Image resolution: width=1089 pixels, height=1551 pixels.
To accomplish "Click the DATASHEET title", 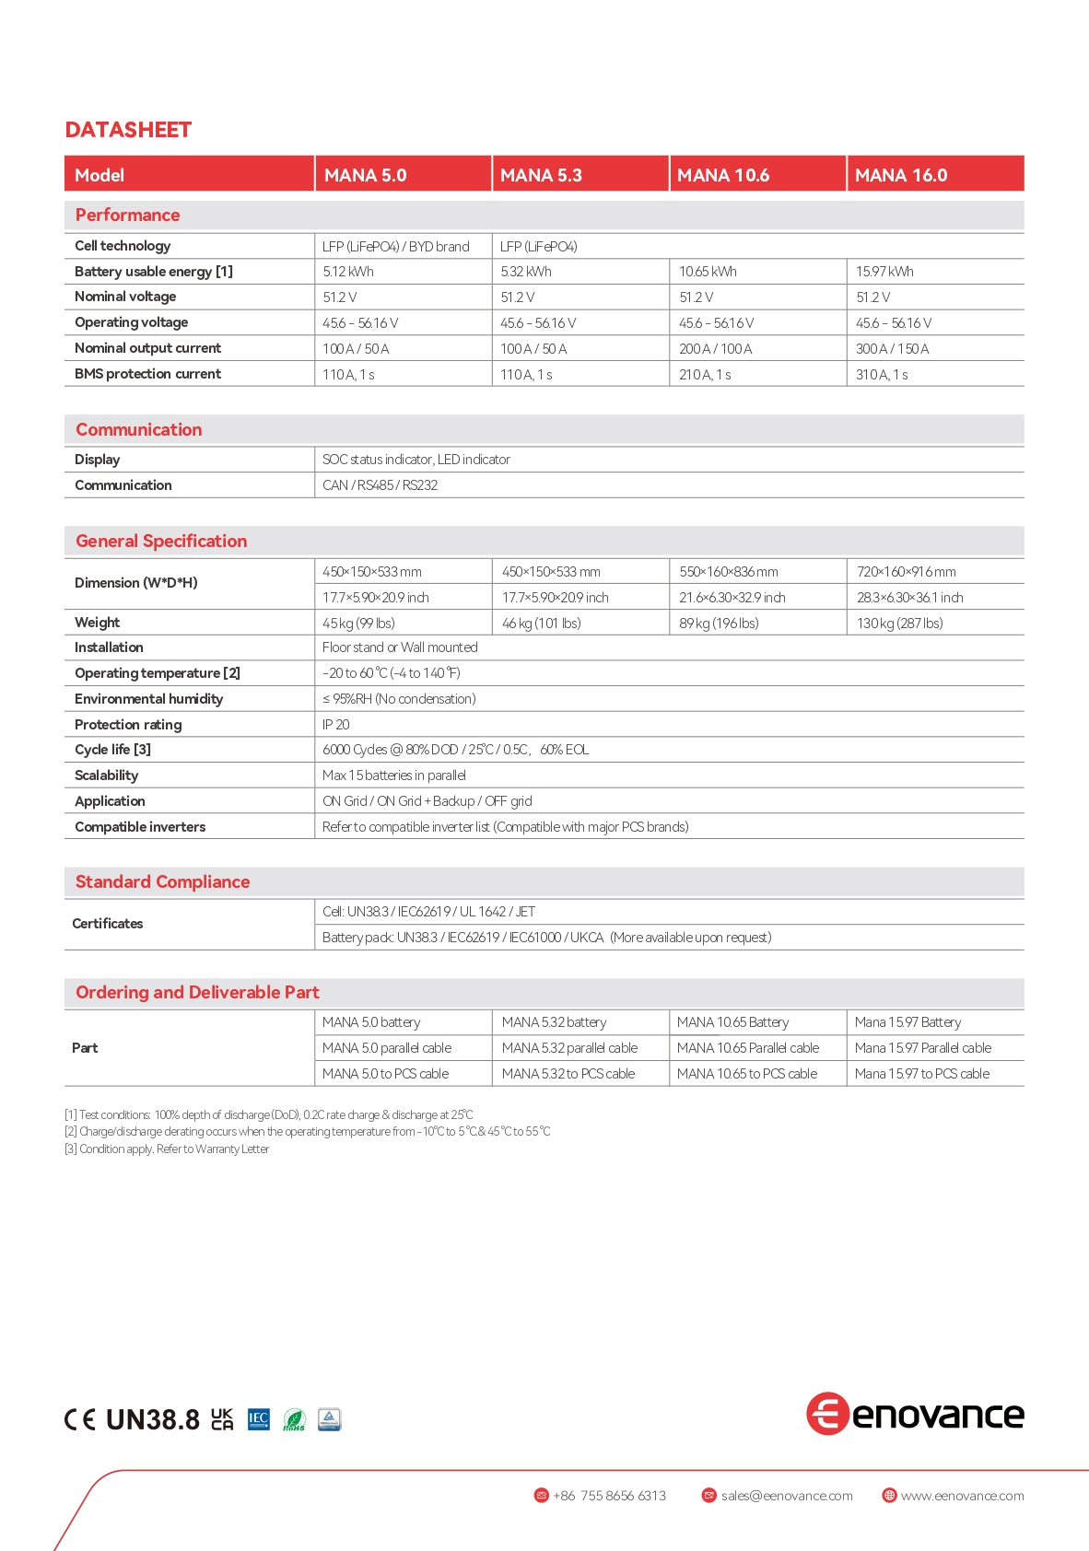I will point(128,130).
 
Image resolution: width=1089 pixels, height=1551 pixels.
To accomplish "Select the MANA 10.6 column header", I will point(723,175).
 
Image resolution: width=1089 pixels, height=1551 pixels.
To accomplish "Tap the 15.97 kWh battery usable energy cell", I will point(884,272).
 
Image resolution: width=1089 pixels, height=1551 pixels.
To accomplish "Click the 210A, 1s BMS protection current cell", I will point(705,375).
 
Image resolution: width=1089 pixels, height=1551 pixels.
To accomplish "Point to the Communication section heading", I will point(138,429).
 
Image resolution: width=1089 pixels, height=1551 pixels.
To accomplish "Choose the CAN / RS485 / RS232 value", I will point(380,485).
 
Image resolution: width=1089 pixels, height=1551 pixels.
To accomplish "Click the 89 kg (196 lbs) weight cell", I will point(719,624).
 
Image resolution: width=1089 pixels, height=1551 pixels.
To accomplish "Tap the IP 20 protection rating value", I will point(335,725).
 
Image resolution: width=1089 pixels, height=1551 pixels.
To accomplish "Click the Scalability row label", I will point(106,775).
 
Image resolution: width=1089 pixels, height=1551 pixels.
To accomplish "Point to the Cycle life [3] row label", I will point(112,750).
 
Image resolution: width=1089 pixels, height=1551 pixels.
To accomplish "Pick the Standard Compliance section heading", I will point(162,881).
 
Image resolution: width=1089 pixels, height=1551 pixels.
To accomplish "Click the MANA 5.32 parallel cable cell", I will point(569,1048).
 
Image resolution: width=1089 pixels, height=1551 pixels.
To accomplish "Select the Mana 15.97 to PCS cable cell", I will point(921,1074).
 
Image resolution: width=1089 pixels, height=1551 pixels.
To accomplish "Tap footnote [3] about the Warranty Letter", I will point(167,1149).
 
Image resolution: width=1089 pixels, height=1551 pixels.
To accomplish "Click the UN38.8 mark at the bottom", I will point(152,1419).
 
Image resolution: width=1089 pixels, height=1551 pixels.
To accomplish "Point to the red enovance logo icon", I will point(826,1414).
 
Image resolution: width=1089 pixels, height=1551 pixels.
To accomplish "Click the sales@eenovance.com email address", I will point(786,1496).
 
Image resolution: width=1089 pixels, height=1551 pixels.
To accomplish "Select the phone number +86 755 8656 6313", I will point(608,1496).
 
